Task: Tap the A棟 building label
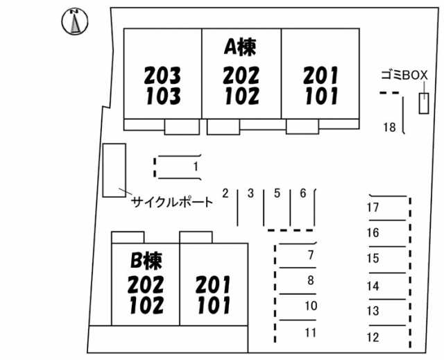[240, 46]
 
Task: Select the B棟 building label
[146, 261]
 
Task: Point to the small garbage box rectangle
[422, 104]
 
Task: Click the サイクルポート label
[172, 203]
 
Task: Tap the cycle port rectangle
[114, 170]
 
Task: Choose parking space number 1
[196, 166]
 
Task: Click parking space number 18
[389, 127]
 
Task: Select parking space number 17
[373, 207]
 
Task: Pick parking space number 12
[373, 338]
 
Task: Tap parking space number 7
[310, 255]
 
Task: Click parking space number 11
[310, 332]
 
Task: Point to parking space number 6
[302, 194]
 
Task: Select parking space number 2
[225, 194]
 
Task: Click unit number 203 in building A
[163, 74]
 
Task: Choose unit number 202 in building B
[146, 284]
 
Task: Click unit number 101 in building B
[213, 305]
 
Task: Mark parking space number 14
[373, 286]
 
